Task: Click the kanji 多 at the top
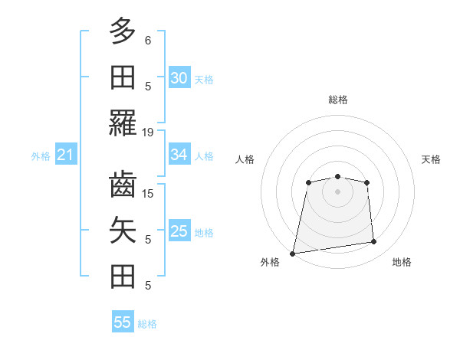click(123, 31)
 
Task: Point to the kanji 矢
click(123, 231)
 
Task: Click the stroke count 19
click(148, 132)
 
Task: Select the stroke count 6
click(148, 39)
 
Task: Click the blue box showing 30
click(179, 78)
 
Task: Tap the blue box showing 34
click(179, 155)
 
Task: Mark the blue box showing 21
click(65, 155)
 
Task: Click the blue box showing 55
click(123, 322)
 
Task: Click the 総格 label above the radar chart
click(337, 100)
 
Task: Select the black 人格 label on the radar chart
click(245, 159)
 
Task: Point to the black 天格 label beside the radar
click(431, 159)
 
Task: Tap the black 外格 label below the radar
click(270, 262)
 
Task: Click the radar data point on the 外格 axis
click(293, 254)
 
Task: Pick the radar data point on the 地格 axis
click(374, 242)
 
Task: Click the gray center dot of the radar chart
click(337, 191)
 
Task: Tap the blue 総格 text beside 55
click(147, 324)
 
